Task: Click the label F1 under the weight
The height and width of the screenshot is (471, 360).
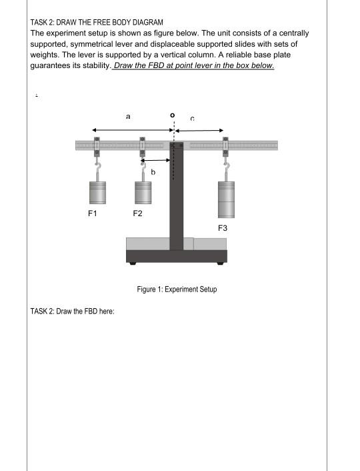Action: (x=93, y=213)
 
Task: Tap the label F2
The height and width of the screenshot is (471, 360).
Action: (x=137, y=213)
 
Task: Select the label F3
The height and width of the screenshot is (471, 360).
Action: (x=223, y=228)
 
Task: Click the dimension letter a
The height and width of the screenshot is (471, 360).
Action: (x=128, y=117)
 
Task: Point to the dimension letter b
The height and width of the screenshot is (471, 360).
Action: (x=153, y=172)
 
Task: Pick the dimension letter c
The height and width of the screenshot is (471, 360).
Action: (x=192, y=119)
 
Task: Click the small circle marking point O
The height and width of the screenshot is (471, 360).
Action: (x=172, y=115)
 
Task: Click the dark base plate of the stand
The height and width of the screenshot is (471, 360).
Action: (x=177, y=256)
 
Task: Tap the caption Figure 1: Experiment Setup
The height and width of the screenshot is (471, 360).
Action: (x=177, y=289)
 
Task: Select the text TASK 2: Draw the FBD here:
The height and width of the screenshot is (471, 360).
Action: (x=73, y=312)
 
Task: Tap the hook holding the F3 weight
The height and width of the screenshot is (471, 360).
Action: (x=227, y=165)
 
